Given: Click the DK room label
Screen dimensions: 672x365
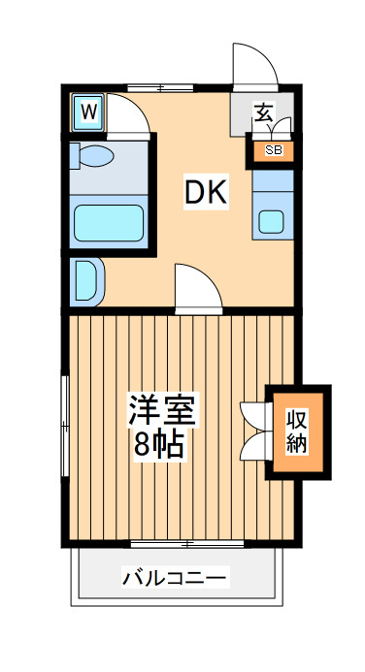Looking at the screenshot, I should coord(206,192).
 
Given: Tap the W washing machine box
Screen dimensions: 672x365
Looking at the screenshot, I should coord(87,112).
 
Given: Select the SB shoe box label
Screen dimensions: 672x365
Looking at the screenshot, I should coord(273,150).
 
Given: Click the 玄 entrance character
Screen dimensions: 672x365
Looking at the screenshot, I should coord(262,112).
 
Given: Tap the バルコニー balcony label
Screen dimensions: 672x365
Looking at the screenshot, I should coord(175,579).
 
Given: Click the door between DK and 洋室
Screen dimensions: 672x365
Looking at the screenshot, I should coord(197,290).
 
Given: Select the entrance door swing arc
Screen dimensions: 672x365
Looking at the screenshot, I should coord(254,66).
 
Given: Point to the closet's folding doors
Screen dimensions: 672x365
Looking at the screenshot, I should coord(254,431).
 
